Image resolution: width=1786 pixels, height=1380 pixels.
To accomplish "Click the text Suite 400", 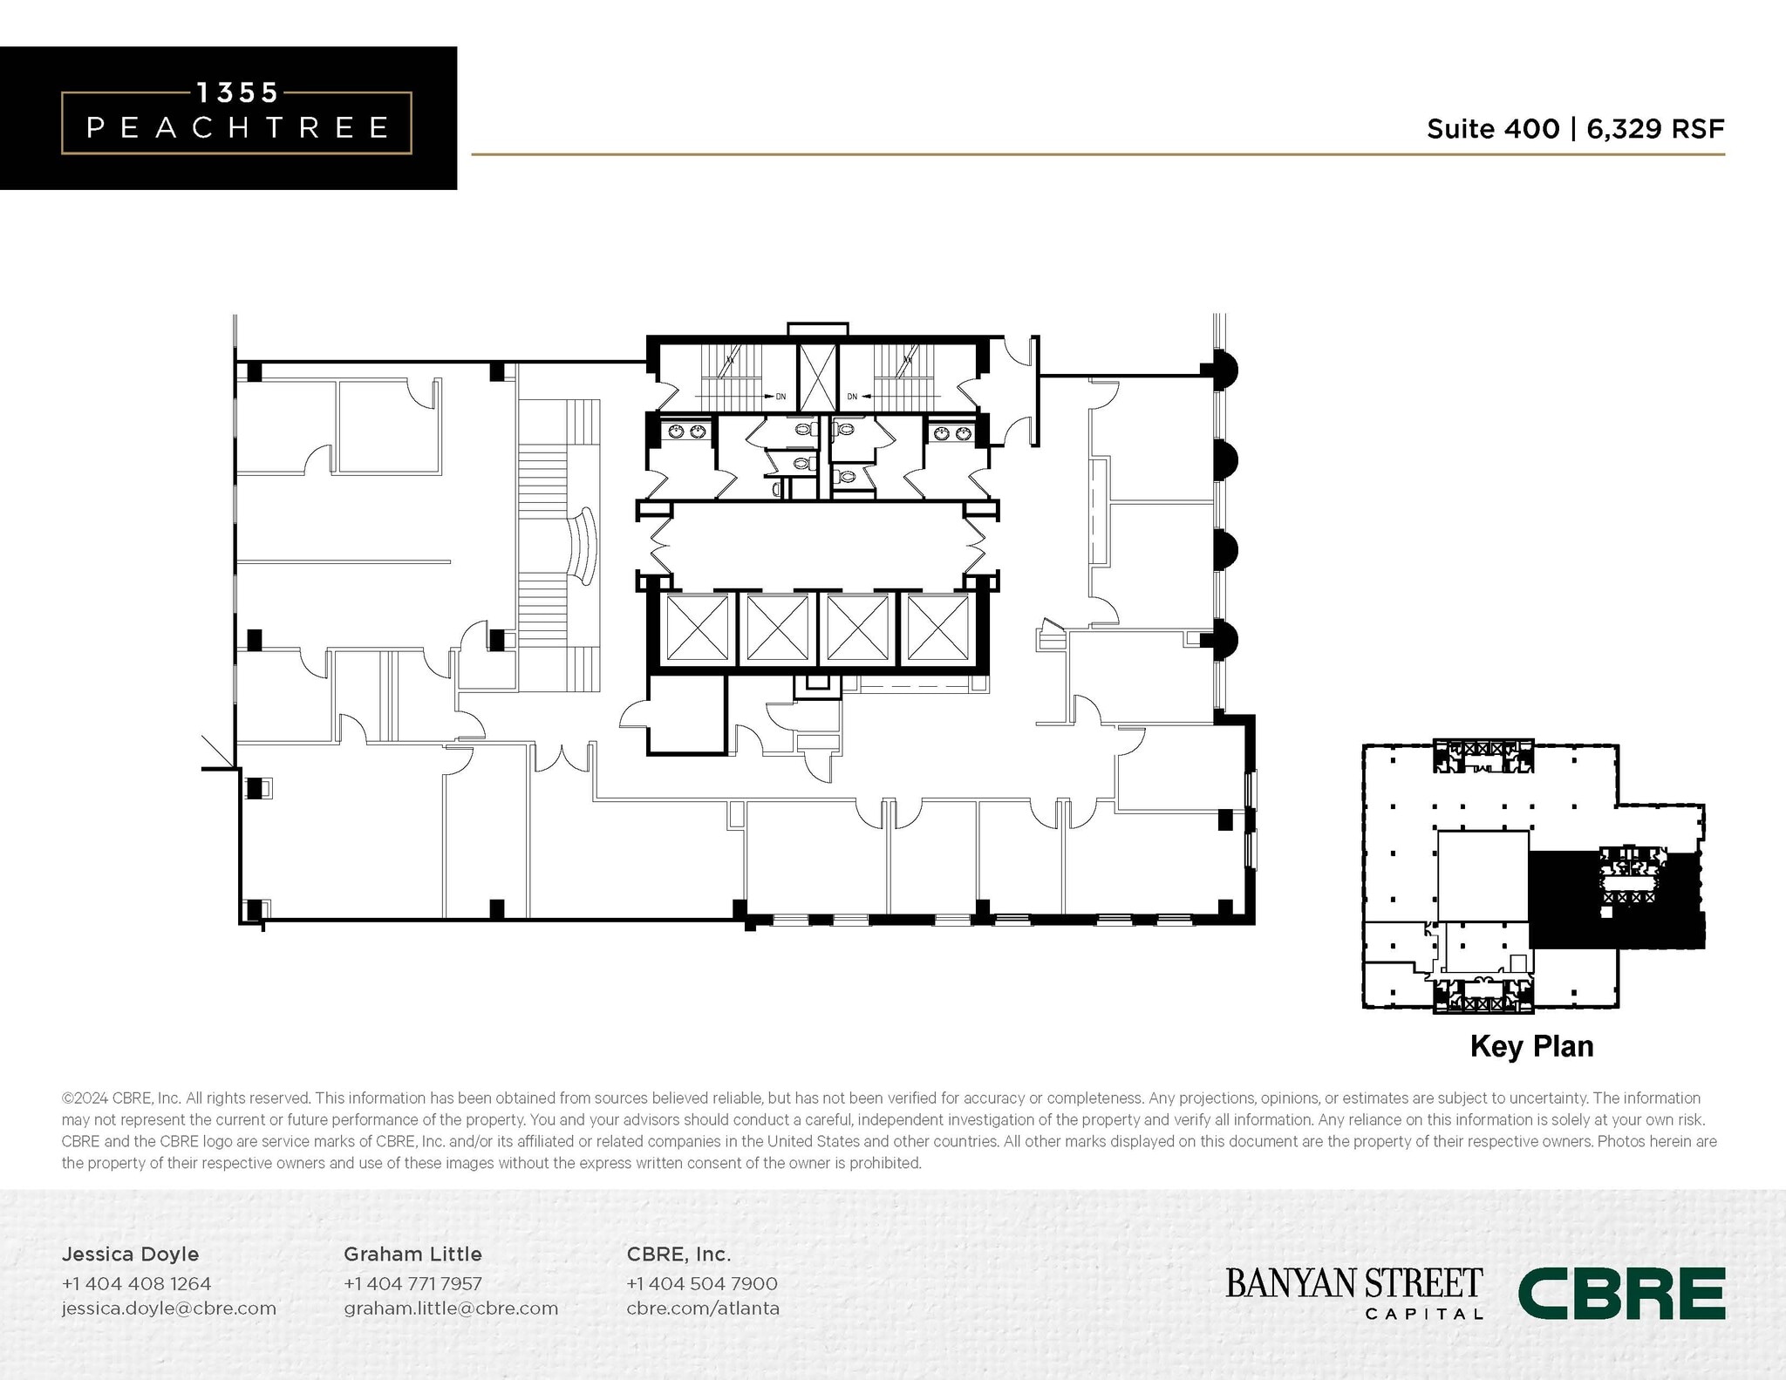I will point(1492,129).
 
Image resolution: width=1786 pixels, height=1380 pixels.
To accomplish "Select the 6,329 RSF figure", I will point(1655,129).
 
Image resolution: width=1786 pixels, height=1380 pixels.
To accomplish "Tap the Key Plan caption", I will point(1531,1046).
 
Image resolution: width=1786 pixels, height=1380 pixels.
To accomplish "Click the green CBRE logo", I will point(1621,1293).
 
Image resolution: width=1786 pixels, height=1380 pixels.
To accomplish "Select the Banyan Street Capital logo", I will point(1353,1292).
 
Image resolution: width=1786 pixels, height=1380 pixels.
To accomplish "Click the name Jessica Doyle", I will point(130,1254).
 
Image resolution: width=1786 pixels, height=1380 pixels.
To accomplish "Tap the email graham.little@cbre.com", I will point(450,1308).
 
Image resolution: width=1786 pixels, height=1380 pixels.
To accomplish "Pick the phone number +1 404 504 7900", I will point(701,1283).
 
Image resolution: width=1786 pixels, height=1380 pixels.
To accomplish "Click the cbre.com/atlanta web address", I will point(702,1308).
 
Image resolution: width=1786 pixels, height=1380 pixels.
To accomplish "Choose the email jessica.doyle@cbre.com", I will point(168,1308).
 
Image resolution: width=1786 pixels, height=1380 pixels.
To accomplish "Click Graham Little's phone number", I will point(412,1283).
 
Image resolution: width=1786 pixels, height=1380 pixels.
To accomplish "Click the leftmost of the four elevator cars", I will point(697,628).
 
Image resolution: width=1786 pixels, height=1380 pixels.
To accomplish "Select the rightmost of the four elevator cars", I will point(938,628).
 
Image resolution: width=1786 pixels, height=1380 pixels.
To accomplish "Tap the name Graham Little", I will point(412,1254).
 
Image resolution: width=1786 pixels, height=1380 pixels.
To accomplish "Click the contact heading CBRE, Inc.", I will point(678,1254).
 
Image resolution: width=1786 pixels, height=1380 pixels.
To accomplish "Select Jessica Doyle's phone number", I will point(136,1283).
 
